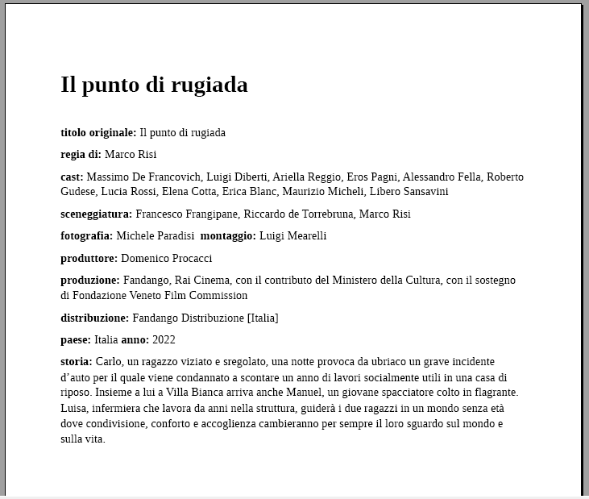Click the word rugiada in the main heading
point(209,85)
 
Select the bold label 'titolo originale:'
point(98,132)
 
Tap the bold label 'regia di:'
point(81,154)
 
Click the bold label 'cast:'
point(72,177)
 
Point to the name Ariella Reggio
point(306,177)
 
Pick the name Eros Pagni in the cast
point(371,177)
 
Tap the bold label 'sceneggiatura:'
point(96,214)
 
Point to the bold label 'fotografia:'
point(86,235)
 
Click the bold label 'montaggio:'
point(228,235)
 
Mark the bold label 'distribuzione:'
point(94,318)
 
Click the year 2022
point(164,339)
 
